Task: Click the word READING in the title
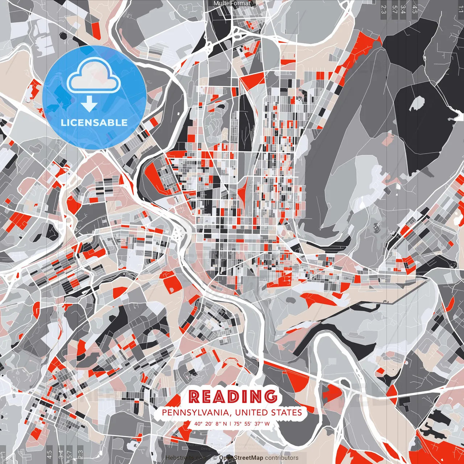[232, 397]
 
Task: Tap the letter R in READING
[194, 397]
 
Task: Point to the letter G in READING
[270, 397]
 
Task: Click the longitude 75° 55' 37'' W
[252, 424]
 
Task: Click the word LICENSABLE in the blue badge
[94, 123]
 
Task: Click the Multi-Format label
[232, 3]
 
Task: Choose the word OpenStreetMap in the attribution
[241, 458]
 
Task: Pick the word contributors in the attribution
[282, 458]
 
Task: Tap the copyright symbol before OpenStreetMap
[215, 458]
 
